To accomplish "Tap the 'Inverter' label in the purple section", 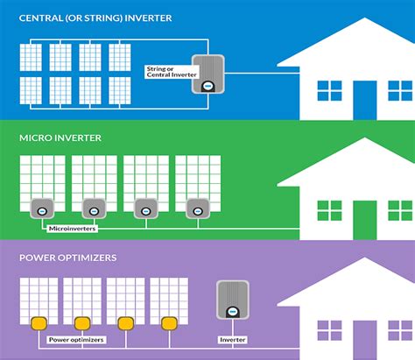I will [x=229, y=340].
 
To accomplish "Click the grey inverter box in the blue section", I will [x=208, y=75].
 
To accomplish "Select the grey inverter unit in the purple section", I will [x=230, y=303].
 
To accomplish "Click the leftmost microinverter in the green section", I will [x=41, y=208].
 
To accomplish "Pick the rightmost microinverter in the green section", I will [x=195, y=208].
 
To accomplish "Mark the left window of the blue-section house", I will [x=329, y=92].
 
